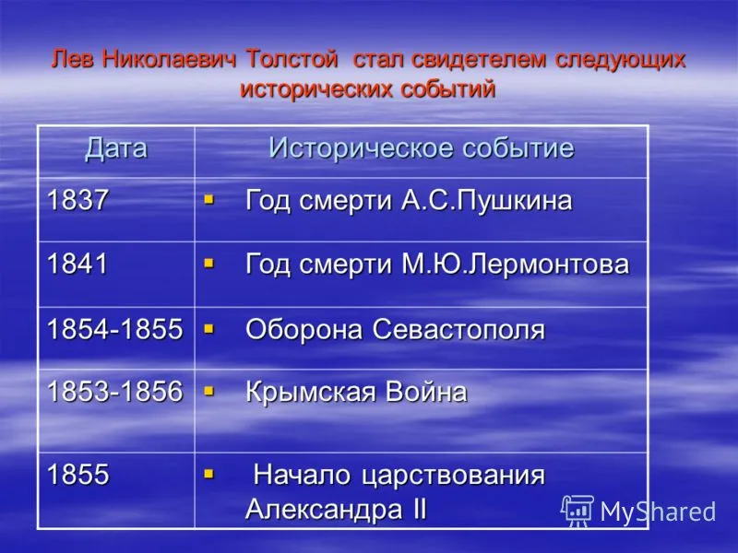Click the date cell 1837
(77, 200)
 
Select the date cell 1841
(77, 264)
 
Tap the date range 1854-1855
(114, 328)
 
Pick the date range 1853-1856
(114, 391)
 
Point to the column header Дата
(116, 149)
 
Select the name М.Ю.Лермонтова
(515, 264)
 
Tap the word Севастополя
(458, 329)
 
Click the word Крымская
(310, 393)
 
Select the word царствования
(453, 476)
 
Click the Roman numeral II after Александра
(419, 509)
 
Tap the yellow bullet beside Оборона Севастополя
(209, 328)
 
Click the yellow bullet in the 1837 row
(209, 200)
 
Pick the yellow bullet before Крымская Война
(209, 391)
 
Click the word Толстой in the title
(292, 60)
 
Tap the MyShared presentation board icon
(577, 511)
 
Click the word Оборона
(304, 329)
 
